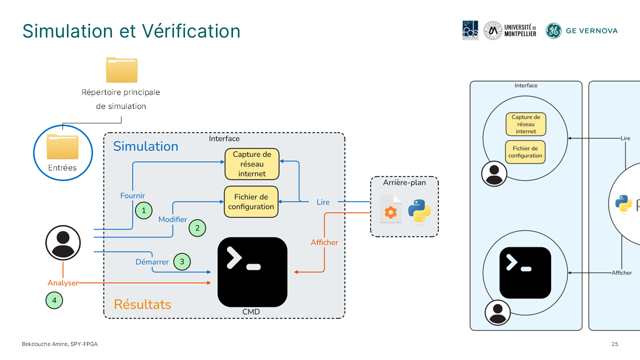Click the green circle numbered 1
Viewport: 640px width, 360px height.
[143, 210]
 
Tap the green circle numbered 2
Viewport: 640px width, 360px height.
[197, 228]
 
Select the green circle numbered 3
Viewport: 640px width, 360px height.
[182, 261]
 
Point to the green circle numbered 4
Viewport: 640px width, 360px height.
[54, 300]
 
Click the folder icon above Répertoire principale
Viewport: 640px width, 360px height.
[121, 70]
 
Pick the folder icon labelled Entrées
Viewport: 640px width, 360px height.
[62, 146]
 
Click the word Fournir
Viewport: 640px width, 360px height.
[132, 195]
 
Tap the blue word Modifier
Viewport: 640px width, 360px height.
[172, 219]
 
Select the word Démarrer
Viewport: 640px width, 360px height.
[152, 262]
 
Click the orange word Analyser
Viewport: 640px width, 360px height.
[63, 283]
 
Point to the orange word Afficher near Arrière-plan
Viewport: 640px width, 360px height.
[324, 242]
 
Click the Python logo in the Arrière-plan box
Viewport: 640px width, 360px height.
[419, 210]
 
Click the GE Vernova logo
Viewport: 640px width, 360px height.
[581, 30]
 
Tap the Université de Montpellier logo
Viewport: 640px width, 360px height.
[510, 30]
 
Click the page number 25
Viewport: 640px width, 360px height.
[615, 344]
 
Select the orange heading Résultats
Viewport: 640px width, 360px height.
[142, 304]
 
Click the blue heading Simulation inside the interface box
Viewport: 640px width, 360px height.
[145, 146]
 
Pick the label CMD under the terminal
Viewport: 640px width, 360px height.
[251, 312]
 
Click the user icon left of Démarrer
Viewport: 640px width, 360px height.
[63, 242]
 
